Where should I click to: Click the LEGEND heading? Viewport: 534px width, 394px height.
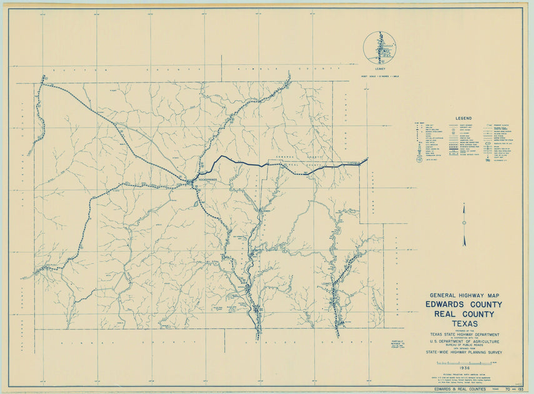tap(463, 118)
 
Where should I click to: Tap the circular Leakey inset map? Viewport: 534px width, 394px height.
tap(379, 48)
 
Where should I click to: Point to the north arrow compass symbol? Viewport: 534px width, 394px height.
tap(464, 224)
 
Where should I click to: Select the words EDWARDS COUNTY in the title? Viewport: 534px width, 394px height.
tap(461, 305)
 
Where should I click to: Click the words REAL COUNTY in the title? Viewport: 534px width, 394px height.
tap(461, 314)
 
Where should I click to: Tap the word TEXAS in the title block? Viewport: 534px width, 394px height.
tap(461, 323)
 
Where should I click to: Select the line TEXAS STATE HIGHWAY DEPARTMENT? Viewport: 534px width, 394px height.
tap(462, 335)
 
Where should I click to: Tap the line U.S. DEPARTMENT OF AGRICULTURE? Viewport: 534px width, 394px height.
tap(462, 341)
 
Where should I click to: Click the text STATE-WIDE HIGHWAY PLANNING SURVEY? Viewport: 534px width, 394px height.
tap(462, 353)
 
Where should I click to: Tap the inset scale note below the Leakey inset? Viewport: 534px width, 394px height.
tap(379, 76)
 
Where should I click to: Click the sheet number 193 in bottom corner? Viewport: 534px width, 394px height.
tap(516, 389)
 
